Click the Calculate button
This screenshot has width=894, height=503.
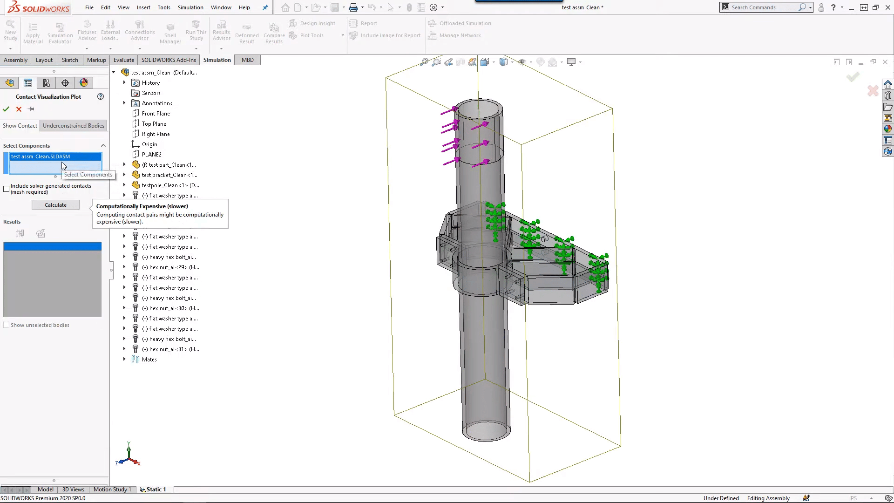(55, 205)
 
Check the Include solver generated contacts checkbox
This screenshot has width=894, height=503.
(7, 189)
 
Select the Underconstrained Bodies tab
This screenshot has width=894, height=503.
(74, 126)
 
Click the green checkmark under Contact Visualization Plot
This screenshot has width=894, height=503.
(6, 109)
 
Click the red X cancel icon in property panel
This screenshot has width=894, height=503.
(19, 109)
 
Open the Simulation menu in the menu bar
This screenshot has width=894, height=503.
(190, 7)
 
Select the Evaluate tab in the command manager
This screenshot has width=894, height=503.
(123, 60)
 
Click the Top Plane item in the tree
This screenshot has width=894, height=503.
(154, 124)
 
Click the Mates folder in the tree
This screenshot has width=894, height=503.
(149, 360)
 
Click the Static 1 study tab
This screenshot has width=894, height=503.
(156, 489)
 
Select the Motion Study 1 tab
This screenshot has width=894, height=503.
(112, 489)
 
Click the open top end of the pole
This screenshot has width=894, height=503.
(479, 110)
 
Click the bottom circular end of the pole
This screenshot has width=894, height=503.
(486, 430)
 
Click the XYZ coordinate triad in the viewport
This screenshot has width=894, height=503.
(128, 456)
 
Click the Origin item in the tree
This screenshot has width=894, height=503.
(149, 144)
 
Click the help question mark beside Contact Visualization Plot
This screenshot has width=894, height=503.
(101, 96)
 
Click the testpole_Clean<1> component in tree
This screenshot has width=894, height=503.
(170, 185)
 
